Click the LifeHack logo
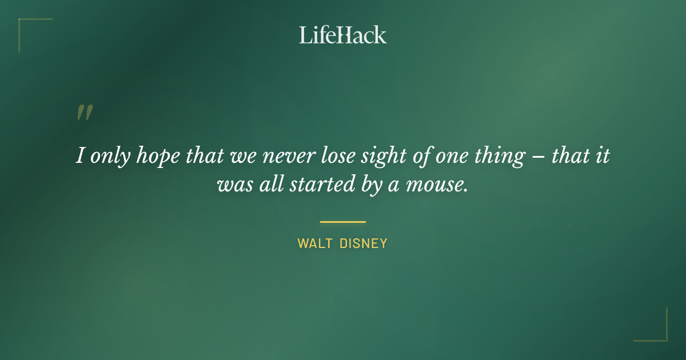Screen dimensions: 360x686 [343, 35]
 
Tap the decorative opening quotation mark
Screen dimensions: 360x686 [84, 113]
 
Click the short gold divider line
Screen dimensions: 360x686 [343, 222]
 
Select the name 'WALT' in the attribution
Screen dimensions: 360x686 [314, 243]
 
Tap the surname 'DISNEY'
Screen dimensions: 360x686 [364, 243]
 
